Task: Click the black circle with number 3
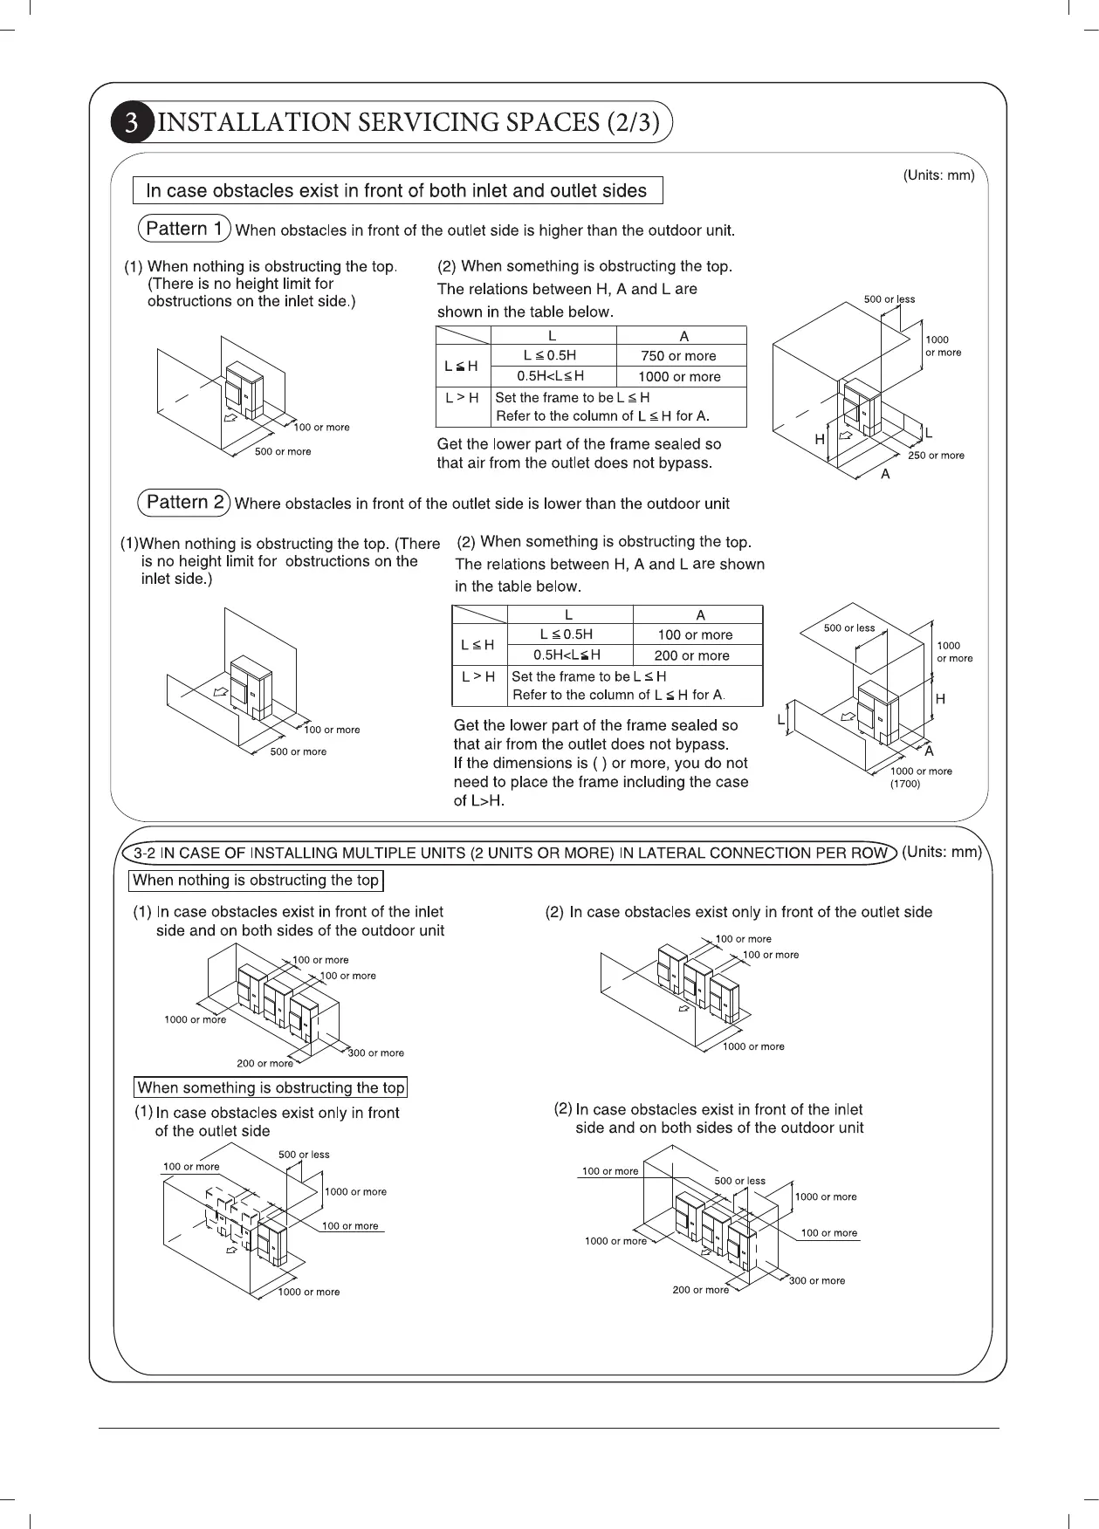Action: tap(132, 122)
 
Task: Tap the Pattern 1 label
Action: tap(184, 229)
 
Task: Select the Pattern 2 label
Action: tap(184, 502)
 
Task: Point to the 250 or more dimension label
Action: tap(936, 456)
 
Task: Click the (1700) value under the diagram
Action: tap(905, 784)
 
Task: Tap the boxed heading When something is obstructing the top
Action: tap(271, 1087)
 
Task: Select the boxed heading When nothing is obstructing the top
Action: tap(257, 881)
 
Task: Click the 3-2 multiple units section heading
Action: tap(511, 853)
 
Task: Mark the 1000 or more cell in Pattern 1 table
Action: tap(679, 377)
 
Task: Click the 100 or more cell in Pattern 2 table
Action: tap(695, 635)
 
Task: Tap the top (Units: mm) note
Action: tap(938, 175)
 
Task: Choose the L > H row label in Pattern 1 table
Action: tap(462, 398)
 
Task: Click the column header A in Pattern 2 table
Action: tap(700, 615)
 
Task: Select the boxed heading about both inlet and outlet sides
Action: tap(396, 190)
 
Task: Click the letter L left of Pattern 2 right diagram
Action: tap(780, 720)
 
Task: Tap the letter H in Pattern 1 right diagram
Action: tap(820, 440)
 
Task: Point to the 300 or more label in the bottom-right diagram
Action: tap(817, 1280)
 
